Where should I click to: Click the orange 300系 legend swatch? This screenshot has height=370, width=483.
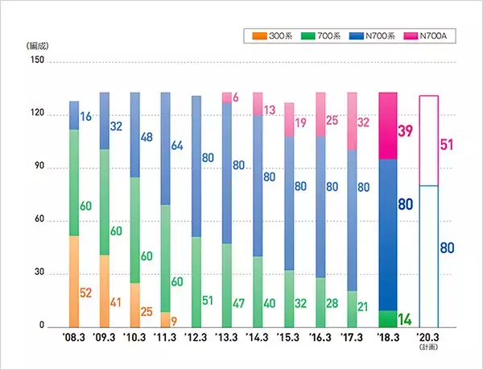click(x=256, y=35)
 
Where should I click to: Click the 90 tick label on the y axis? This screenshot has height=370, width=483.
click(x=36, y=168)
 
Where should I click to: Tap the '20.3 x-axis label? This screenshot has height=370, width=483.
click(x=429, y=339)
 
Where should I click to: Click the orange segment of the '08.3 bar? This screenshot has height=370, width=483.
click(x=74, y=281)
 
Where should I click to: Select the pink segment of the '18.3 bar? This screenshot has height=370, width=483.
click(x=388, y=126)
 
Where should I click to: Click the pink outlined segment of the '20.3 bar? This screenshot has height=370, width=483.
click(x=429, y=140)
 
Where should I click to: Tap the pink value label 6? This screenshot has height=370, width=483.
click(x=236, y=97)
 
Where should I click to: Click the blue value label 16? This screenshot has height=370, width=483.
click(x=87, y=118)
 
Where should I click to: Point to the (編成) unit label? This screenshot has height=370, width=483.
click(x=38, y=46)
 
